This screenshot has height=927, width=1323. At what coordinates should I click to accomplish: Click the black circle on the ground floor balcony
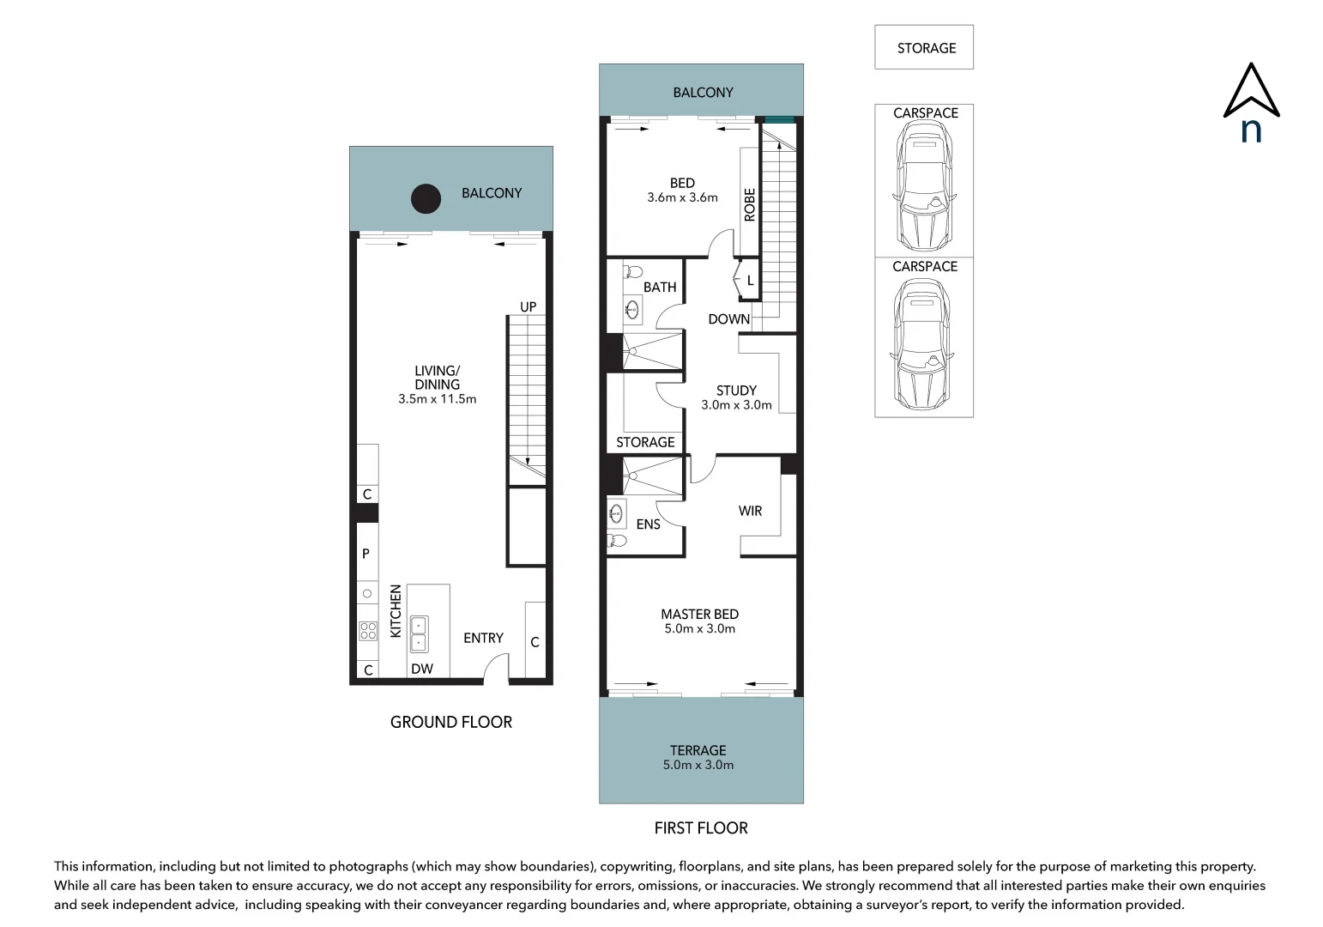[426, 198]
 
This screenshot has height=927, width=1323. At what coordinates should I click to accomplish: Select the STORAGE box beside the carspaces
[924, 47]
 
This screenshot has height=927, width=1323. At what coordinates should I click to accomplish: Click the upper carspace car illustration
[924, 186]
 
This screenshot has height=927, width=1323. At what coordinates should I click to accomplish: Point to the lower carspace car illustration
[922, 344]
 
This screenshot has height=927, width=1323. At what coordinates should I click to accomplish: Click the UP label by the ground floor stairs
[528, 306]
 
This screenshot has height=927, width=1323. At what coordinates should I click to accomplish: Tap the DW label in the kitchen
[422, 669]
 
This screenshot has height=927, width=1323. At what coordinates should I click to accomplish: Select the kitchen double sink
[419, 633]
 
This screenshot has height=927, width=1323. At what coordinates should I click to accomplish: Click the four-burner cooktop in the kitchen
[368, 631]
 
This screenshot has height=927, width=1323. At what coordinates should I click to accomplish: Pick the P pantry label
[365, 554]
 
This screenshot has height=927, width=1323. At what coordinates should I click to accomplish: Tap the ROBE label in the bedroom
[750, 204]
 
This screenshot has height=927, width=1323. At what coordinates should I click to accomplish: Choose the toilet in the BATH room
[632, 272]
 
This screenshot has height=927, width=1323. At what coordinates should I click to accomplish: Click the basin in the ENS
[616, 513]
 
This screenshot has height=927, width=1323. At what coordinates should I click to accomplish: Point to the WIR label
[750, 511]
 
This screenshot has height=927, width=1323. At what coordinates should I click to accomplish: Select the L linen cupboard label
[750, 281]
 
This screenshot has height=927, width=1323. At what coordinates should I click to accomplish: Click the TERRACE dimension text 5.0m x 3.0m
[698, 765]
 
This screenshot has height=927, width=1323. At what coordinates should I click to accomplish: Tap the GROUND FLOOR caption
[451, 721]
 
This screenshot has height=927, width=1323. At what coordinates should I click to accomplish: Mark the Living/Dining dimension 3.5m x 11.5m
[437, 399]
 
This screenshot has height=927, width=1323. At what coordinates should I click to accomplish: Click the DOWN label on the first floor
[728, 319]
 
